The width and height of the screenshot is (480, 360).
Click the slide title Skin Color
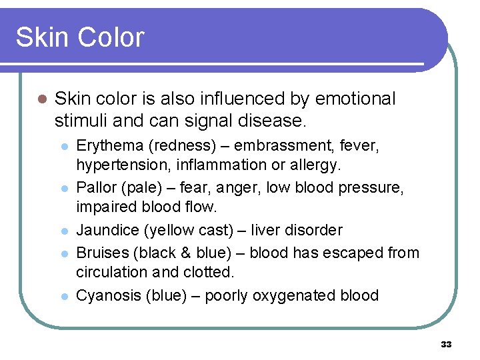click(x=79, y=37)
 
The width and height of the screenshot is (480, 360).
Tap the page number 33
click(x=446, y=345)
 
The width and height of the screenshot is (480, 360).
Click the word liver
click(x=269, y=231)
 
